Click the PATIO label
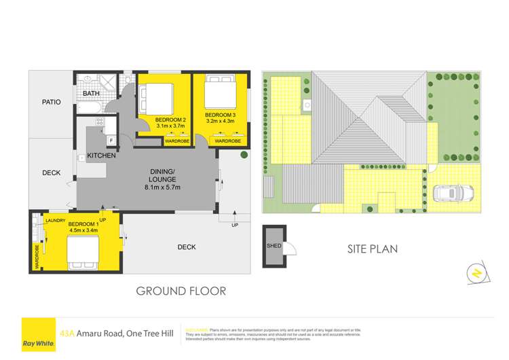tap(51, 103)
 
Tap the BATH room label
tap(91, 94)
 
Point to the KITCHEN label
tap(102, 156)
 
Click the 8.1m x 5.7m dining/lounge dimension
tap(164, 187)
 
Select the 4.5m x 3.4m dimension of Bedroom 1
tap(83, 230)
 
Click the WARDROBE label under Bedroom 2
tap(178, 141)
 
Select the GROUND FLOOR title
tap(181, 291)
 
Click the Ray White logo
tap(38, 335)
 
